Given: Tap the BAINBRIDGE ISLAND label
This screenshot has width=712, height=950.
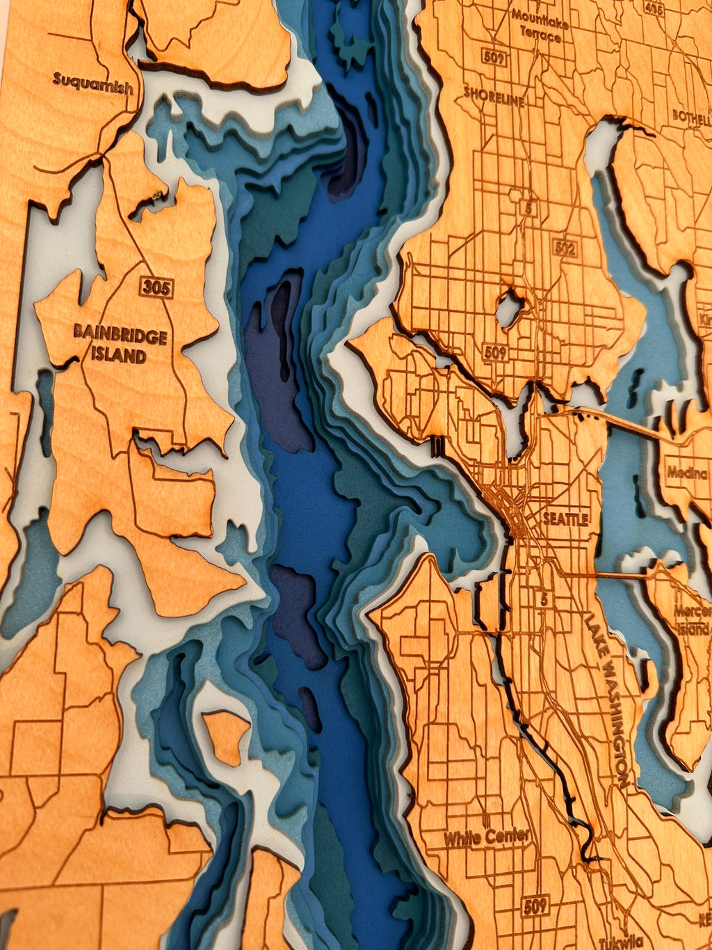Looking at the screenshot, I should tap(120, 347).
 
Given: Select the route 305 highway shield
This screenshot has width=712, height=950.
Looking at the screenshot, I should tap(156, 287).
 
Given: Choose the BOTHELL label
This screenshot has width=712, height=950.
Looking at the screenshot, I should tap(690, 116).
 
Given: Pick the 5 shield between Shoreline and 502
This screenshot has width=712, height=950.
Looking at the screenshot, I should tap(531, 207).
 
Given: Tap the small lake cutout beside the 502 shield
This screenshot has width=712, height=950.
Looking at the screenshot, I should tap(510, 308).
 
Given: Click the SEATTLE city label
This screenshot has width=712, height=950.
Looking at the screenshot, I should tap(565, 518).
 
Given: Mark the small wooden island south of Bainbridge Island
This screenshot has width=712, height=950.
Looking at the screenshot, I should tap(226, 738).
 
